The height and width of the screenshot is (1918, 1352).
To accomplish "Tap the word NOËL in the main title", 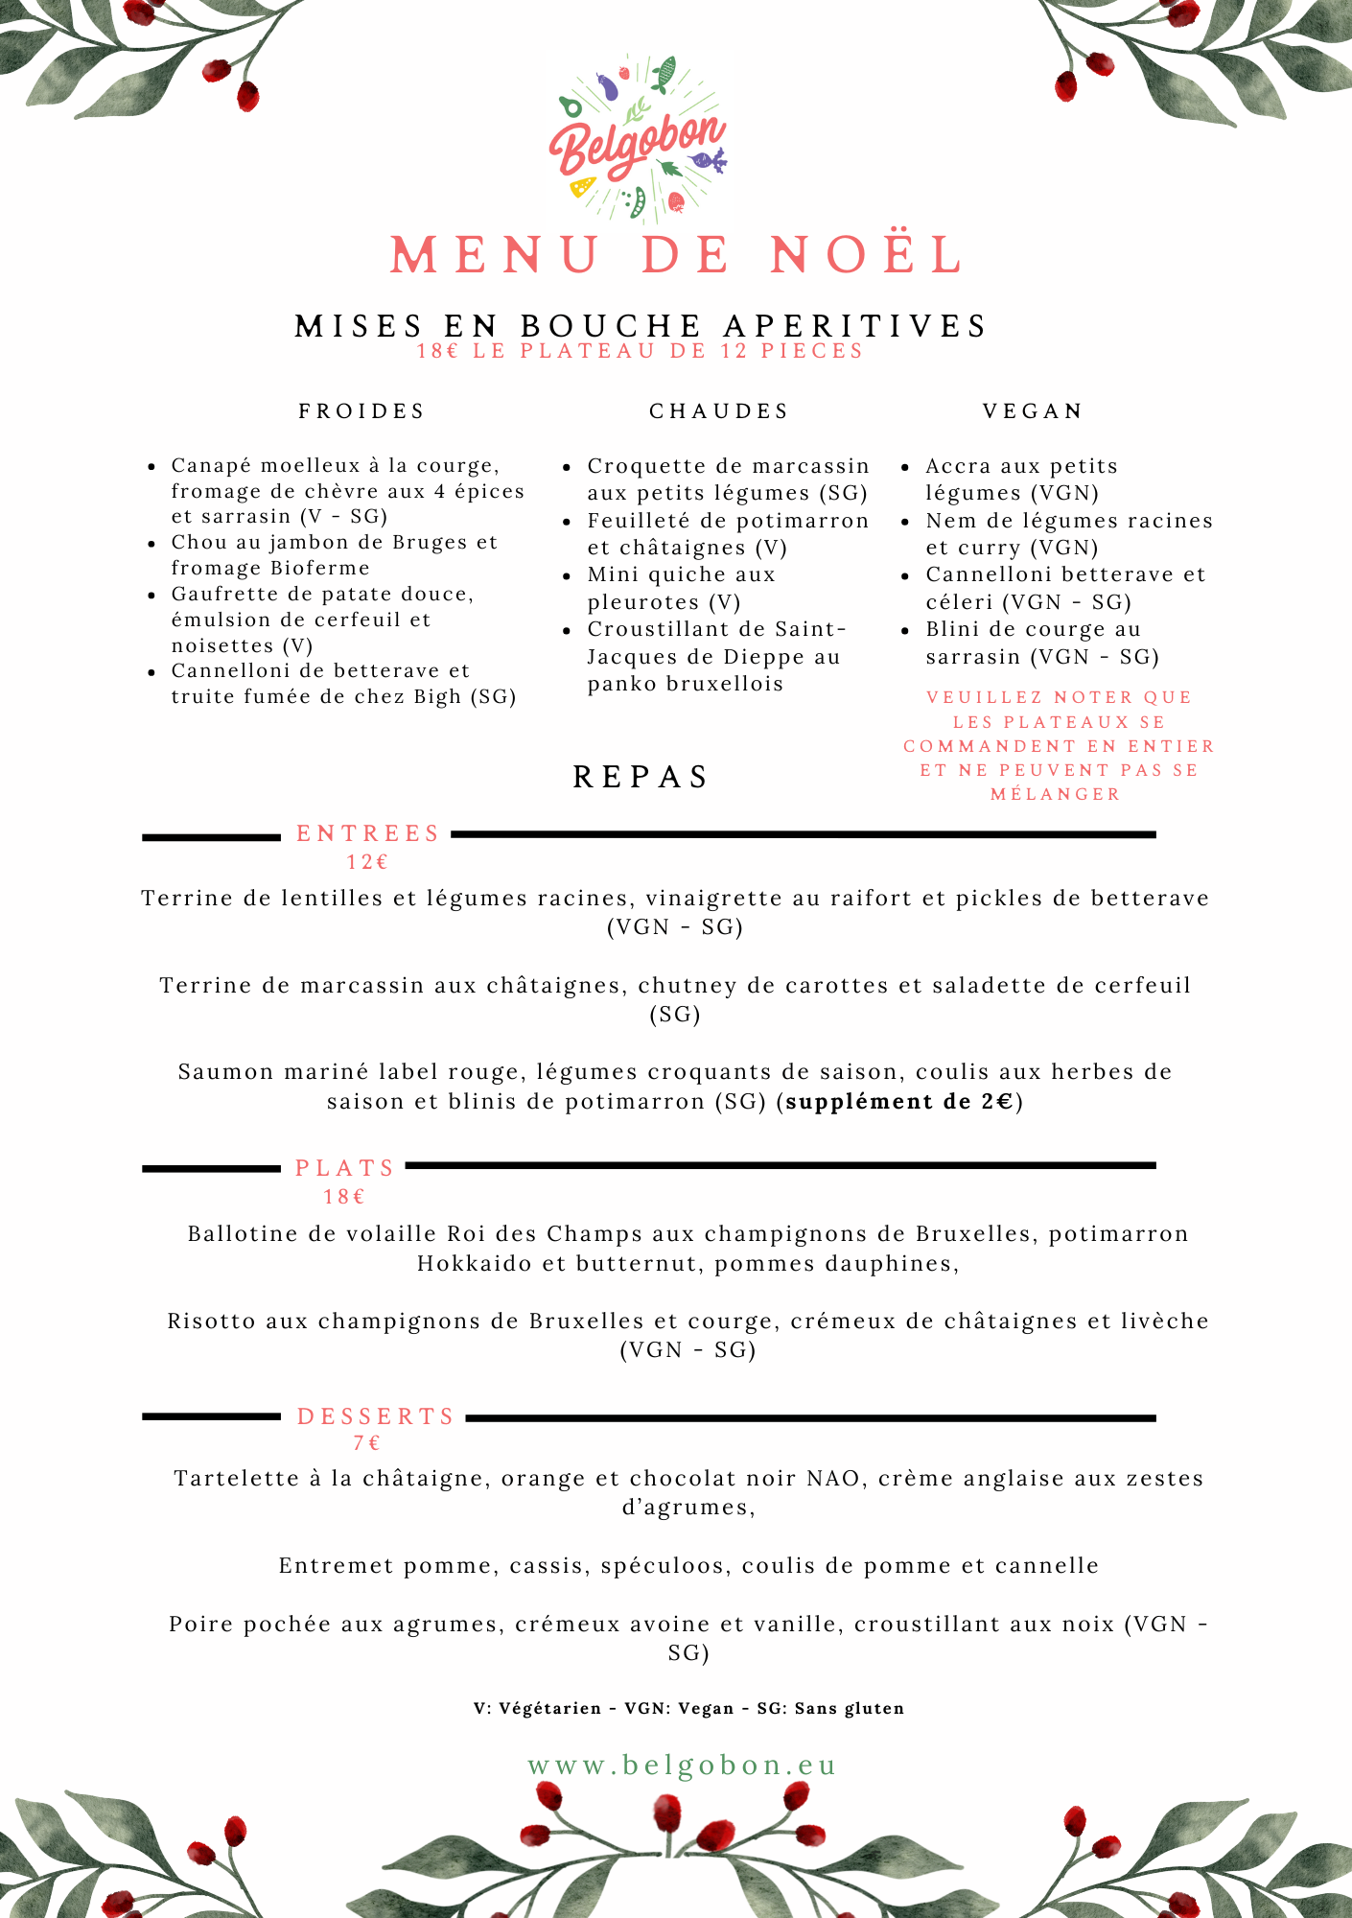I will point(867,256).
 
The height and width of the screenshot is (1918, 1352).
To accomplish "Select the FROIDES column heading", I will point(361,411).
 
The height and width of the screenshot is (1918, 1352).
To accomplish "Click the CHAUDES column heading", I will point(719,411).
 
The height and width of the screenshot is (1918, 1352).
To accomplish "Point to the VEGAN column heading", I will point(1033,411).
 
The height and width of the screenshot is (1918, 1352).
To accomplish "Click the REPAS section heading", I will point(641,777).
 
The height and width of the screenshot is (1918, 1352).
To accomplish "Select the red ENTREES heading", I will point(367,833).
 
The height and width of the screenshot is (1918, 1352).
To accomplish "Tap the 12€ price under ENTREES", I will point(367,861).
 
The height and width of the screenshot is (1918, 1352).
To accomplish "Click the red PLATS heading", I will point(345,1168).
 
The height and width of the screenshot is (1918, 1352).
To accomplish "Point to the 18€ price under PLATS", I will point(344,1196).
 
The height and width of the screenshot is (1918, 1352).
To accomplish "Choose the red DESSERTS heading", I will point(376,1416).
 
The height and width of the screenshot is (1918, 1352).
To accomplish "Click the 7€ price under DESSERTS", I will point(367,1442).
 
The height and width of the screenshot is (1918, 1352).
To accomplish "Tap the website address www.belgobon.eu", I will point(682,1766).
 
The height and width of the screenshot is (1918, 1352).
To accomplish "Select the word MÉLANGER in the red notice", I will point(1055,794).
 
